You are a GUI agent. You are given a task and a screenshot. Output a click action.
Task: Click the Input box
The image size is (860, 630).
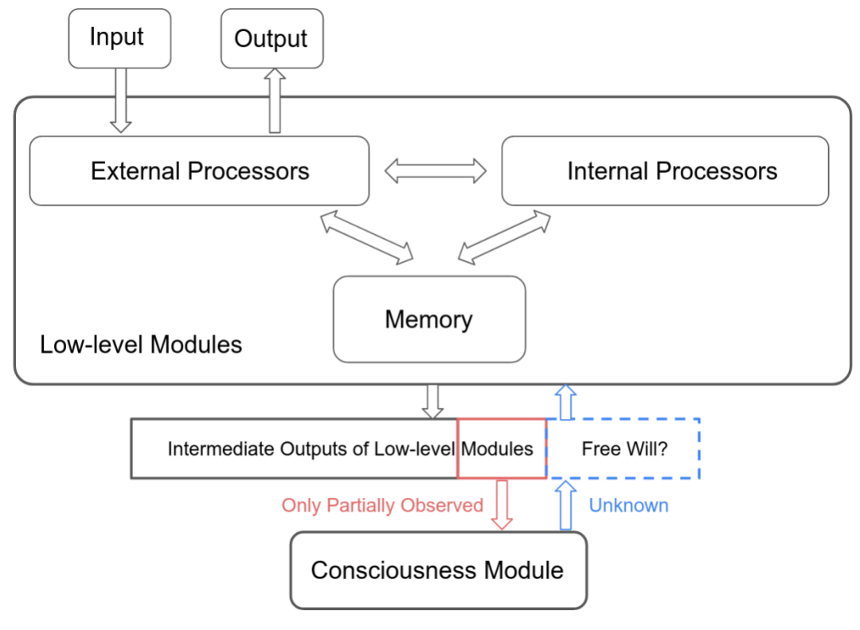click(119, 38)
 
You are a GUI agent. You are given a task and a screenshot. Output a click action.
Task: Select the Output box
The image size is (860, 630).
click(272, 38)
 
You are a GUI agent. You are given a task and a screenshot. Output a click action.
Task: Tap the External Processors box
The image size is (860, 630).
click(199, 170)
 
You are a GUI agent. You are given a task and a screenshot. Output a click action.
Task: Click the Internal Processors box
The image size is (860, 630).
click(665, 170)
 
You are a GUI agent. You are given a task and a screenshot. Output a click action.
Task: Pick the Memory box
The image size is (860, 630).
click(429, 319)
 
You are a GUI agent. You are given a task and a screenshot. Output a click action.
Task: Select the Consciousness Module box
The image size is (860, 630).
click(438, 570)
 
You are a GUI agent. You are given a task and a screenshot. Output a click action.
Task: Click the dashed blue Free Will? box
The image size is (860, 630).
click(624, 448)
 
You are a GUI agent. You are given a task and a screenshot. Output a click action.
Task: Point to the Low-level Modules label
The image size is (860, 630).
click(141, 345)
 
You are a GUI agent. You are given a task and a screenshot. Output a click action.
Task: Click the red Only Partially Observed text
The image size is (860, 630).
click(382, 505)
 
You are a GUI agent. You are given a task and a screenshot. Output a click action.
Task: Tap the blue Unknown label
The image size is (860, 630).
click(628, 505)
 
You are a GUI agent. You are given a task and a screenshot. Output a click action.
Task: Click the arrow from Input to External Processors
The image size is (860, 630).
click(120, 100)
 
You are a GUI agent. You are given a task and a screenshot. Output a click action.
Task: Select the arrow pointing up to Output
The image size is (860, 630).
click(275, 100)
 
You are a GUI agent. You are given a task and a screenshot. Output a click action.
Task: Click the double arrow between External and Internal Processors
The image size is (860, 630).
click(436, 170)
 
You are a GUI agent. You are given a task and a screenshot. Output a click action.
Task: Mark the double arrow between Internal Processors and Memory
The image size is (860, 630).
click(504, 237)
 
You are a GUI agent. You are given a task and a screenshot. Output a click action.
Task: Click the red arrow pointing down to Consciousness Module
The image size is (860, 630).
click(502, 503)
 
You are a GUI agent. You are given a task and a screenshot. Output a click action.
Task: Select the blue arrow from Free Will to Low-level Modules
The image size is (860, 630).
click(565, 401)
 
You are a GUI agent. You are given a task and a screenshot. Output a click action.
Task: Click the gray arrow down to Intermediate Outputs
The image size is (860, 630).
click(433, 401)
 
